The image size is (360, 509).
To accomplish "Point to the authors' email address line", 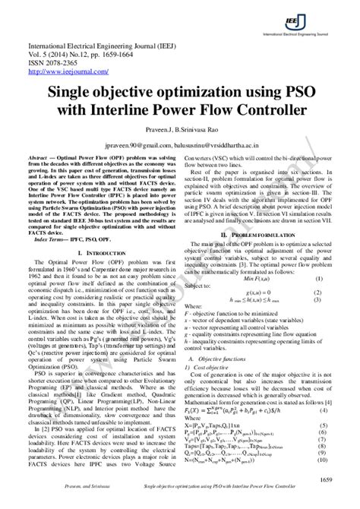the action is click(180, 144).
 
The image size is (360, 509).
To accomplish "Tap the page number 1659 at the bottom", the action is click(324, 480).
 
